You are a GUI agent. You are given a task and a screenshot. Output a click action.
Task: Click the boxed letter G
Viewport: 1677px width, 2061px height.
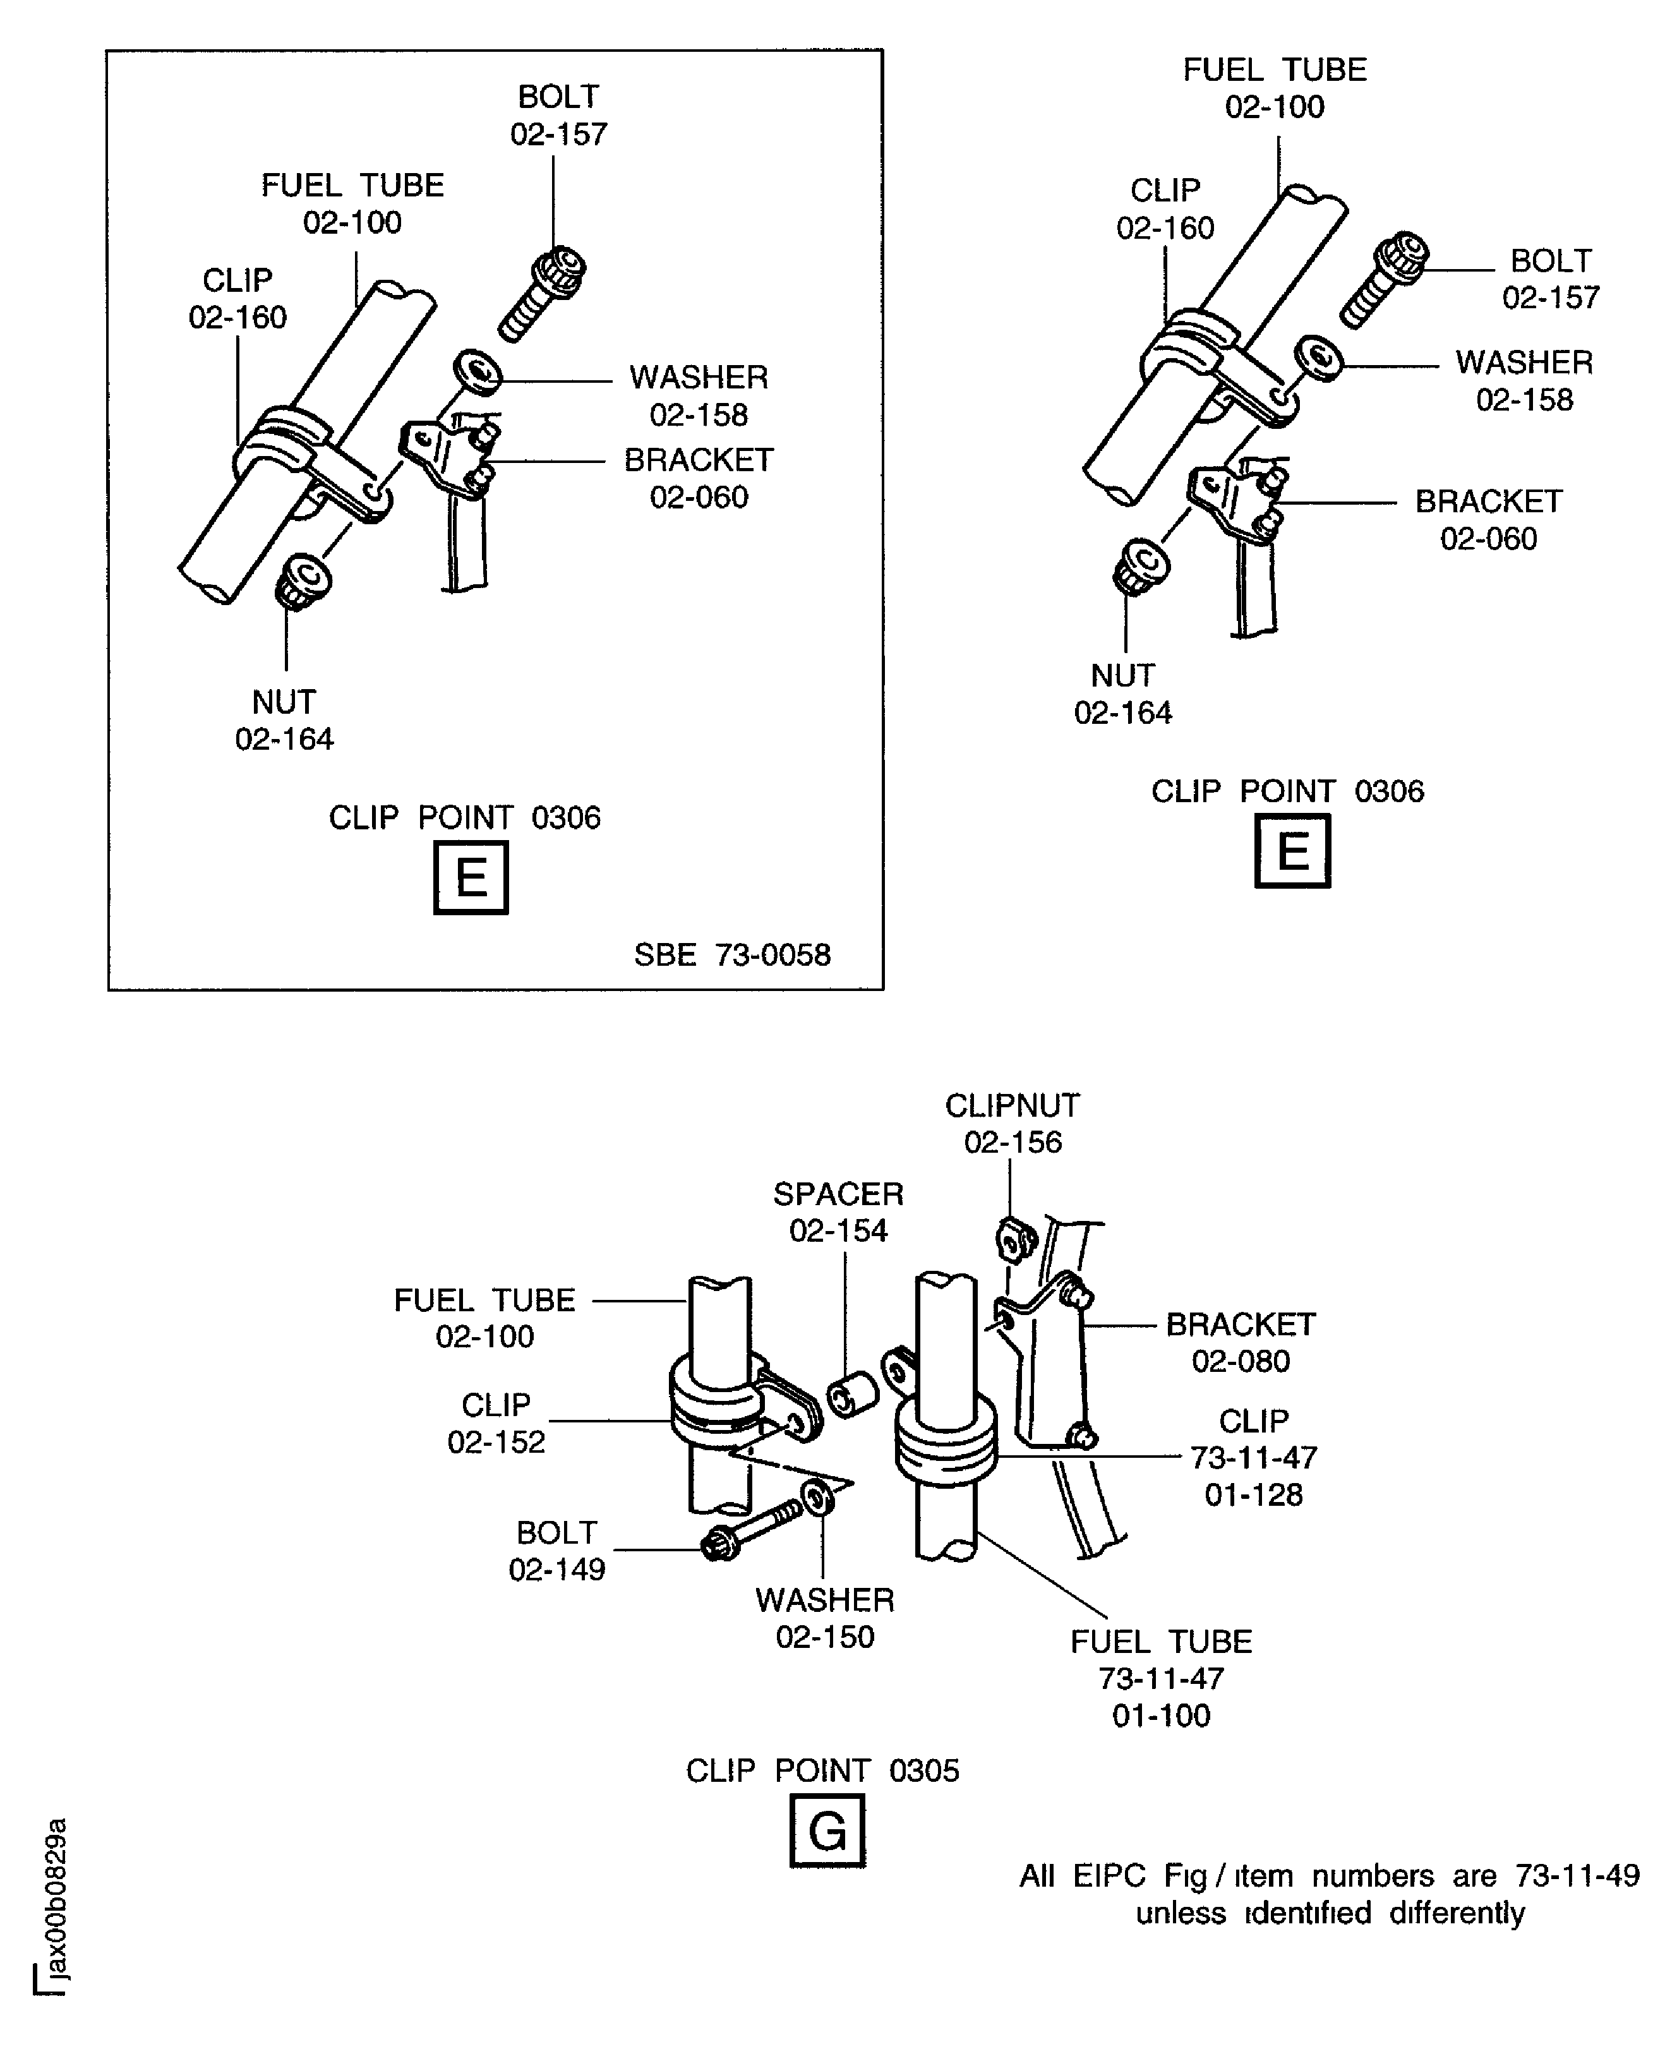click(827, 1830)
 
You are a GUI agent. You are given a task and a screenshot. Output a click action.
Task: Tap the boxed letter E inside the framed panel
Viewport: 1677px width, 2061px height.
click(471, 878)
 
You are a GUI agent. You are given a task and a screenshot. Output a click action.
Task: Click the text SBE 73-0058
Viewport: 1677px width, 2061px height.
click(731, 954)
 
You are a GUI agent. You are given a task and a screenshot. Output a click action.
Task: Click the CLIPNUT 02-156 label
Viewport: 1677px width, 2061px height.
click(1013, 1123)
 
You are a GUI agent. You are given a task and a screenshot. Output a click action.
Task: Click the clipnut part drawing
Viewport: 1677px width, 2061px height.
click(1014, 1240)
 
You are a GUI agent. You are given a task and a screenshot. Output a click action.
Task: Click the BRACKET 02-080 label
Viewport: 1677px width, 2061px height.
click(1241, 1342)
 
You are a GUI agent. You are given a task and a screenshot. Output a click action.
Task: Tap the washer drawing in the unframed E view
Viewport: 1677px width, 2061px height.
click(1319, 359)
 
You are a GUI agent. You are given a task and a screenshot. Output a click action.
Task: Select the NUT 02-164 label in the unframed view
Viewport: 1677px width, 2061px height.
click(1122, 694)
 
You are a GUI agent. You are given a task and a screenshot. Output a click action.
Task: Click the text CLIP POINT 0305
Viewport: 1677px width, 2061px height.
click(822, 1770)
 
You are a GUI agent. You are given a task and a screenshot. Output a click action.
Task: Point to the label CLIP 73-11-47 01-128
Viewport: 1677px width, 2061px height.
click(1253, 1457)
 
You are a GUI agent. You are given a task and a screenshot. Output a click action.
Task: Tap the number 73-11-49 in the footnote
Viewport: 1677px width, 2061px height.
click(1577, 1875)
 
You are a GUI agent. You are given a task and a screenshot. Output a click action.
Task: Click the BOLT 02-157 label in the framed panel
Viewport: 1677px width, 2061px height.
click(558, 115)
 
